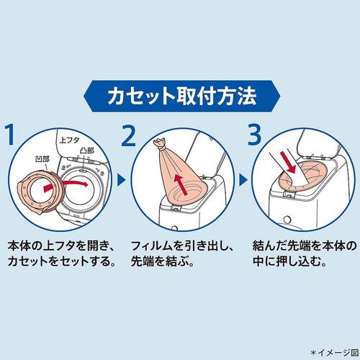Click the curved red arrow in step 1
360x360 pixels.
click(68, 189)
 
